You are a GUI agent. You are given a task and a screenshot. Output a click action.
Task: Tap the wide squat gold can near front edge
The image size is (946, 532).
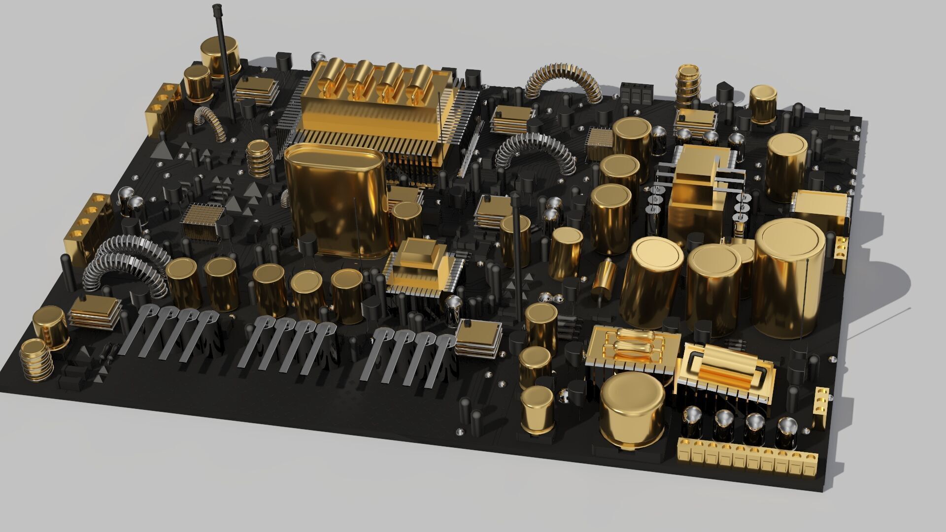coord(633,411)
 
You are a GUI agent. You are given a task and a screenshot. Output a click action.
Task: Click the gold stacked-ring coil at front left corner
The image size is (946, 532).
coord(37,360)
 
